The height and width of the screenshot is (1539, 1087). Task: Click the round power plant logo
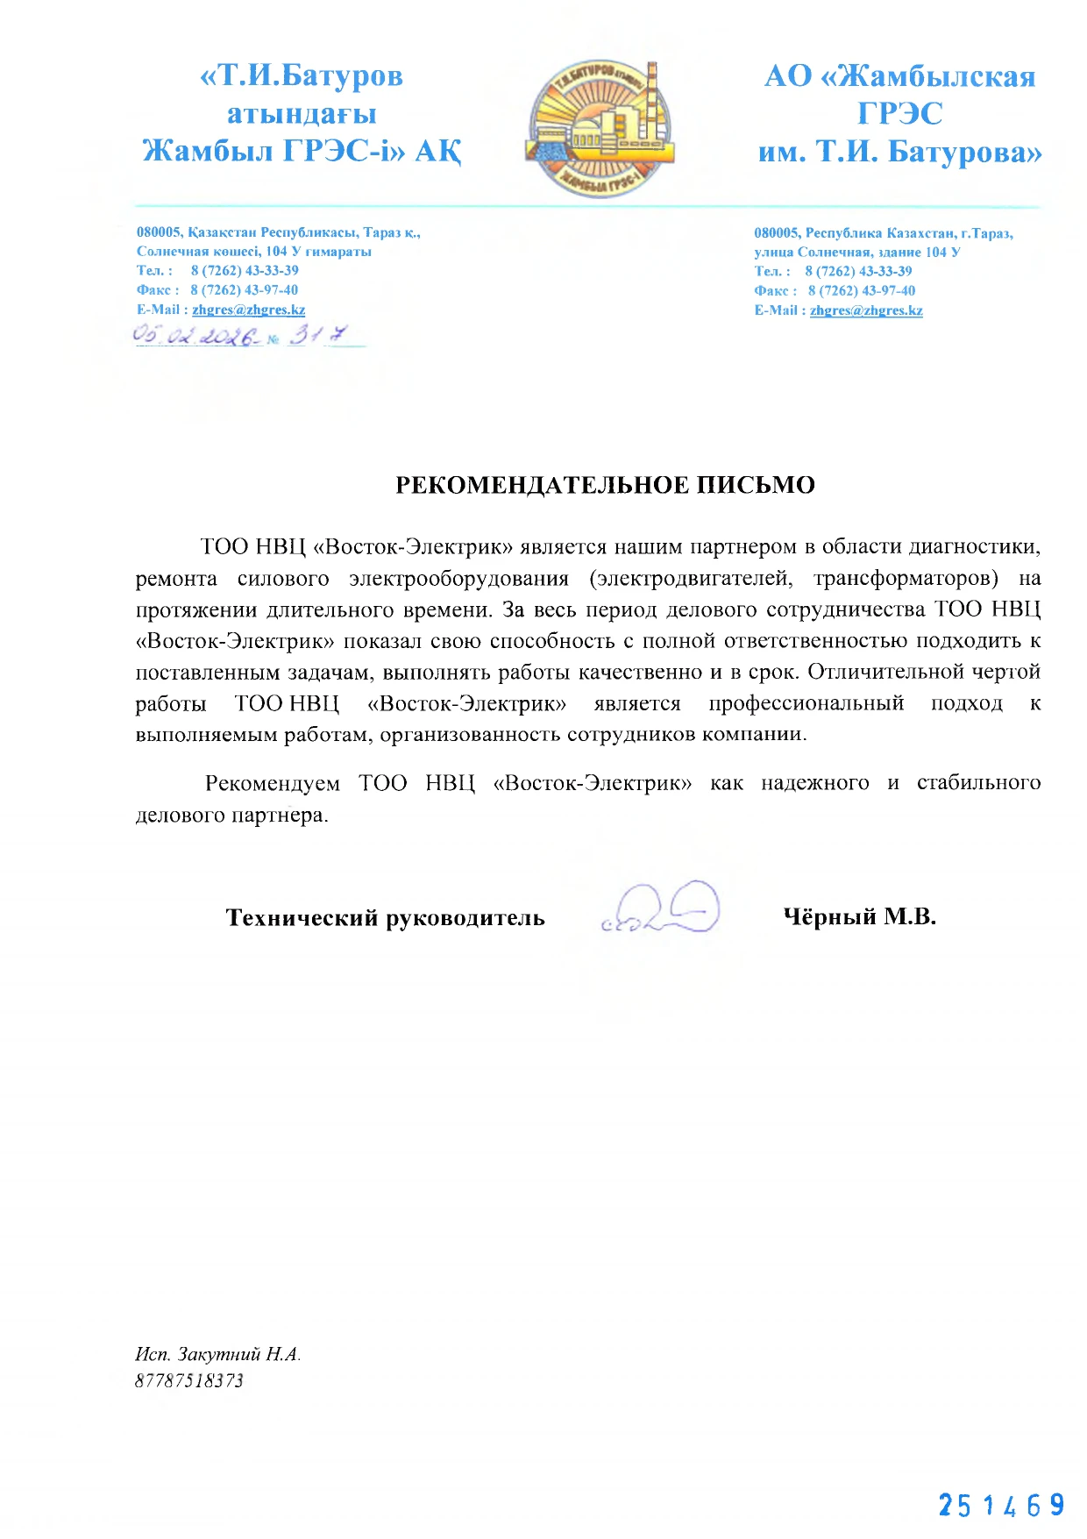[x=600, y=128]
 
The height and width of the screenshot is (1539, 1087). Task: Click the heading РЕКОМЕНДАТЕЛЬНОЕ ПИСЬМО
[x=605, y=485]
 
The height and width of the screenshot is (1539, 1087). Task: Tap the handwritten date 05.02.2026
[x=197, y=336]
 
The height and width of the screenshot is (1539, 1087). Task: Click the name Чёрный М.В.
[x=859, y=916]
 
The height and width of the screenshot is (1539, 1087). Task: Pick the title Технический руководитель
[x=385, y=918]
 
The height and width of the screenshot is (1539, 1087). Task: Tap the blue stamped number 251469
[x=1001, y=1506]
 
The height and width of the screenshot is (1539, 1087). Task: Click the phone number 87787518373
[x=189, y=1380]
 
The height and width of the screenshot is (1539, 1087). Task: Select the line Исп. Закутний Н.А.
[x=217, y=1354]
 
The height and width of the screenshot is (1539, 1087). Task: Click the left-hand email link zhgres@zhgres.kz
[x=249, y=310]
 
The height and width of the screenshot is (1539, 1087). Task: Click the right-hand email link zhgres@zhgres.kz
[x=866, y=310]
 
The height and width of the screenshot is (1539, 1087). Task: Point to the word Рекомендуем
[x=272, y=783]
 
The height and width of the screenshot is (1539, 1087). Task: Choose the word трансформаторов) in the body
[x=906, y=579]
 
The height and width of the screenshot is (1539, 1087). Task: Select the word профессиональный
[x=806, y=703]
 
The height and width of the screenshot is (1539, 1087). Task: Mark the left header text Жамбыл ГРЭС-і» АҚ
[x=302, y=151]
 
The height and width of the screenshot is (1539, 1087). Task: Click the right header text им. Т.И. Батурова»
[x=899, y=152]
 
